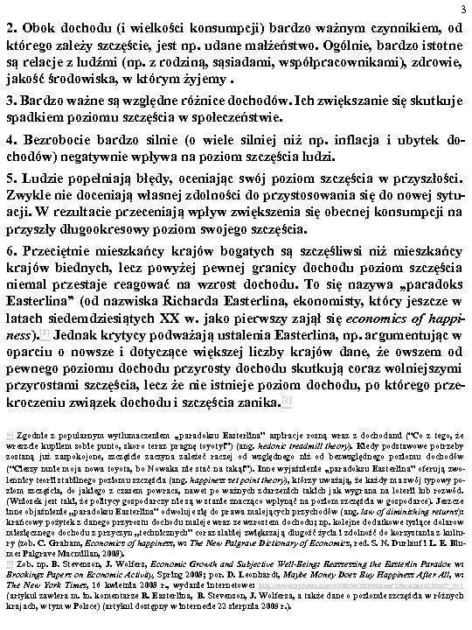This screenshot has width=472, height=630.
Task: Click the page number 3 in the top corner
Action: pyautogui.click(x=463, y=9)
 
